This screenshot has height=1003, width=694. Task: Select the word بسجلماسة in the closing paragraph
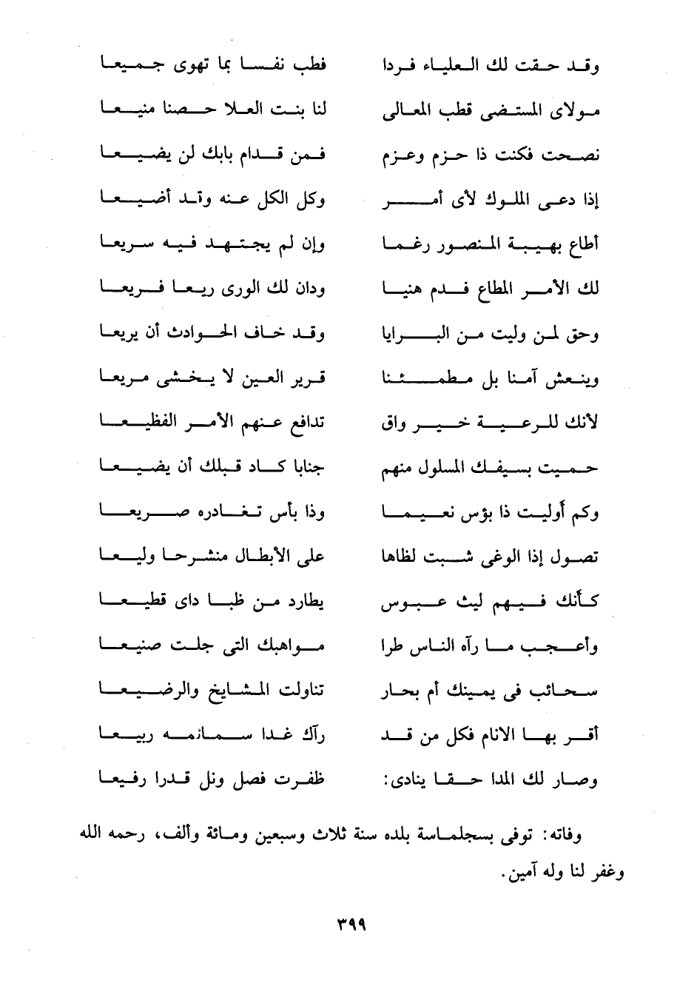point(468,836)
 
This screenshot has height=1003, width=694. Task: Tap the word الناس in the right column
point(446,645)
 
